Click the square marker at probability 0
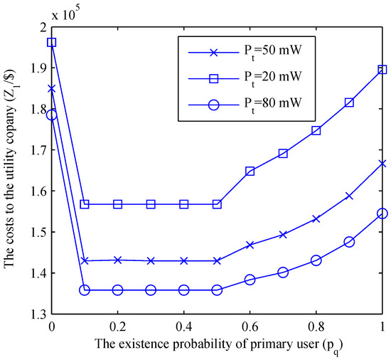pyautogui.click(x=51, y=42)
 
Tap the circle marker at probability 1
pyautogui.click(x=382, y=213)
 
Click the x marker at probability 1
pyautogui.click(x=382, y=163)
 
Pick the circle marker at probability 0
pyautogui.click(x=51, y=115)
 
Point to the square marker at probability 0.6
pyautogui.click(x=250, y=171)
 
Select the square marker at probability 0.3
pyautogui.click(x=151, y=204)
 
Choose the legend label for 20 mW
pyautogui.click(x=274, y=76)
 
